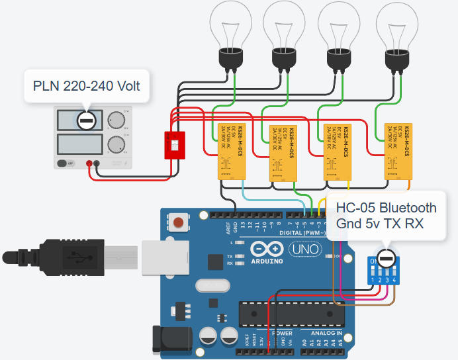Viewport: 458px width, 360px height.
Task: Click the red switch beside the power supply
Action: [x=175, y=145]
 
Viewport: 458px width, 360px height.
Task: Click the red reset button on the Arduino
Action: [x=178, y=222]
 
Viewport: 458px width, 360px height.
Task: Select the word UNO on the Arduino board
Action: [x=307, y=249]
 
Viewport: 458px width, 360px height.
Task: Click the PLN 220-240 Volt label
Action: [x=86, y=85]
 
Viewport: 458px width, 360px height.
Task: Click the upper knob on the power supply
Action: [x=117, y=120]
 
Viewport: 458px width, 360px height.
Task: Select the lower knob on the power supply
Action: [x=117, y=144]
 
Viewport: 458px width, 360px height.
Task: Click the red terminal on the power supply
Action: [x=89, y=163]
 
